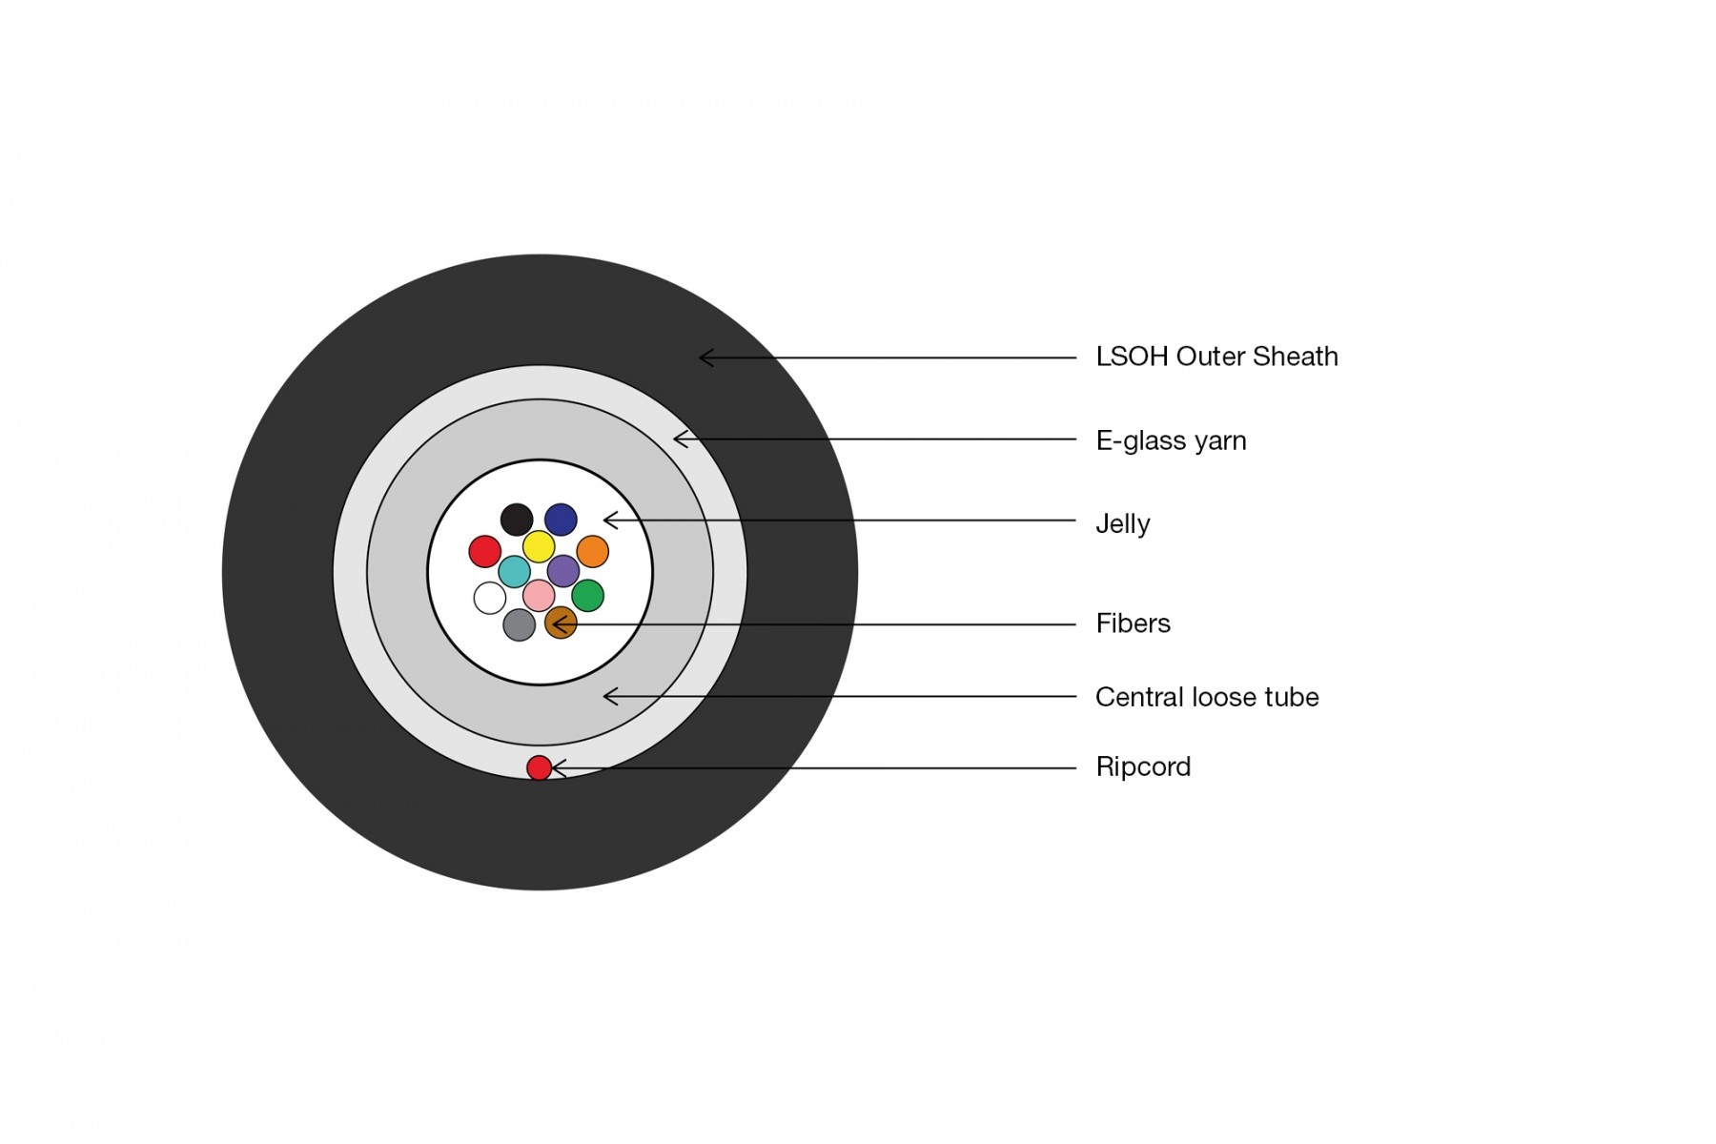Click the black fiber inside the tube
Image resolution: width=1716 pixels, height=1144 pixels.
click(x=517, y=520)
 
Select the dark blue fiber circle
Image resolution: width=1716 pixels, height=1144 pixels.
click(x=561, y=520)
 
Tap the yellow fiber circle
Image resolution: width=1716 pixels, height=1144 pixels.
click(x=539, y=546)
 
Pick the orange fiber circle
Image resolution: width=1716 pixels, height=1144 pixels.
click(x=592, y=551)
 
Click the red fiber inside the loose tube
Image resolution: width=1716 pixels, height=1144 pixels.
click(x=485, y=551)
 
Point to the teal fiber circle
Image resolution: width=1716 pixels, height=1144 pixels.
click(x=515, y=572)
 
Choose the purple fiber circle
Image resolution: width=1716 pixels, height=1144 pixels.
click(x=563, y=571)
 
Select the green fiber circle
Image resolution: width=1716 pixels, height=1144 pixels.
click(x=587, y=595)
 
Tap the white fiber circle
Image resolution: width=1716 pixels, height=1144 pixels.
click(x=490, y=598)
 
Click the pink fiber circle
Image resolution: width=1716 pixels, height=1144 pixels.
click(x=539, y=596)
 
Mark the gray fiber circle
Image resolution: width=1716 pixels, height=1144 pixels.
click(x=519, y=625)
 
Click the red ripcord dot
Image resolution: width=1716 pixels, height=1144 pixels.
click(x=540, y=767)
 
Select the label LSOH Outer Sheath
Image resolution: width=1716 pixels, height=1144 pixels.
click(x=1216, y=357)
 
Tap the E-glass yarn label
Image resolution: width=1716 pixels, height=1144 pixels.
click(x=1171, y=441)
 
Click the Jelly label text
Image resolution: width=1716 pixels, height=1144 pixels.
click(x=1122, y=524)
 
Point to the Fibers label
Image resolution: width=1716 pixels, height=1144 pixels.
click(x=1133, y=623)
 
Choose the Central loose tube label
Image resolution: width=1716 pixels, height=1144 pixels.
click(x=1207, y=697)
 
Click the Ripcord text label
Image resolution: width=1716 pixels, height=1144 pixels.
click(x=1143, y=767)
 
